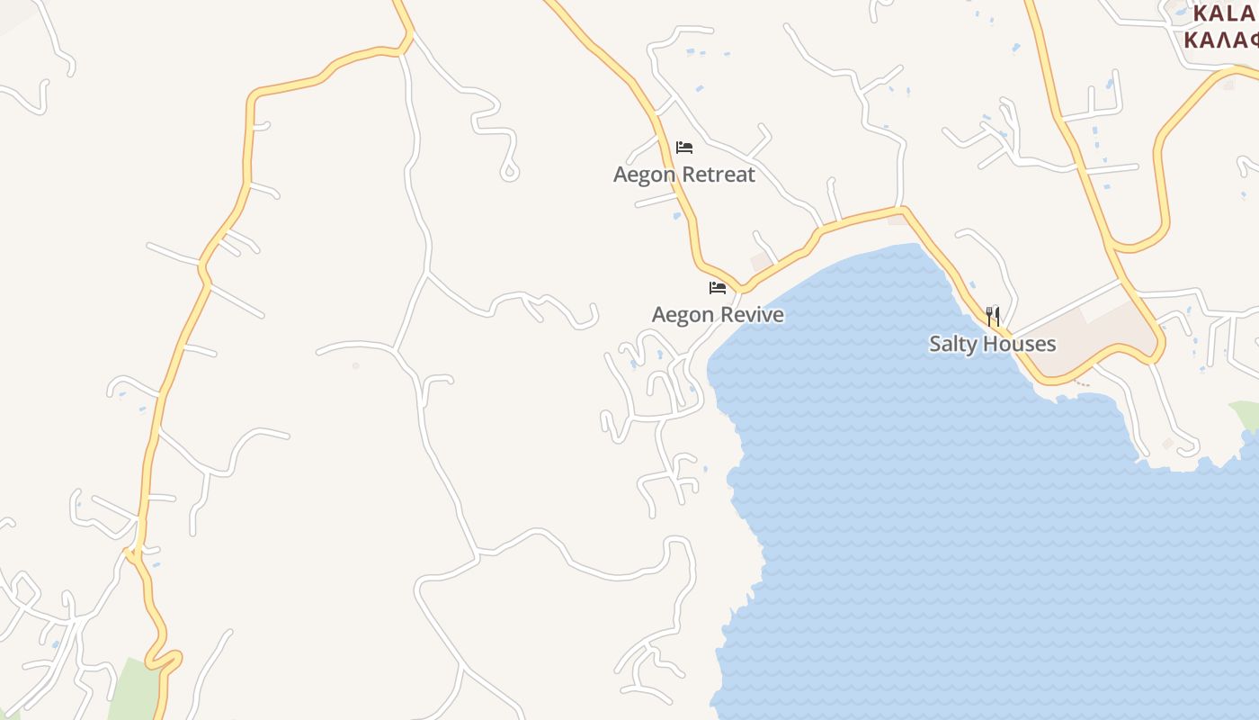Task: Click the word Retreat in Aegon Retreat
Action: click(717, 175)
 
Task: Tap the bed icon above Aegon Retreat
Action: click(684, 147)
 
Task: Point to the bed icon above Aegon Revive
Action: click(718, 288)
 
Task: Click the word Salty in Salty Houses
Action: click(953, 344)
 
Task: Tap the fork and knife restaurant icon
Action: click(993, 316)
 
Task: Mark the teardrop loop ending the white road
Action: click(510, 170)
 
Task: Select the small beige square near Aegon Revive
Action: click(761, 260)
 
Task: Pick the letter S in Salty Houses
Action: click(935, 344)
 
